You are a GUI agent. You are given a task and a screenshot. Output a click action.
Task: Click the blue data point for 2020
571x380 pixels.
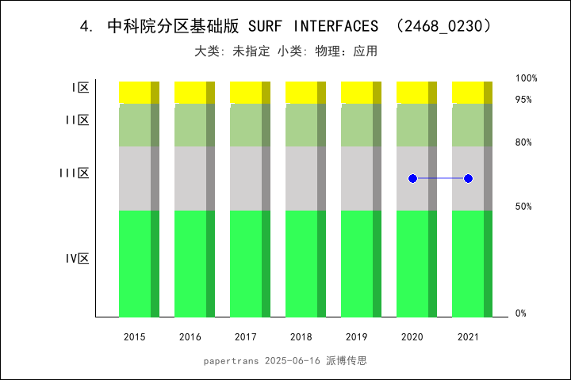412,179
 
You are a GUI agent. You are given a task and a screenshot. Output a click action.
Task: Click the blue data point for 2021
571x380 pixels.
468,179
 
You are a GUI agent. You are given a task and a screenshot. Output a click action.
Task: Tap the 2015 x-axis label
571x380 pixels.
135,337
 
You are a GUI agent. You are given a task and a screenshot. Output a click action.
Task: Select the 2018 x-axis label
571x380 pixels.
301,337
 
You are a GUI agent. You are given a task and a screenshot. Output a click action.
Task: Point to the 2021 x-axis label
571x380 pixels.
468,337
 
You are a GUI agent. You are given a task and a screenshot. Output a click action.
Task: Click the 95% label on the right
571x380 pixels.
523,100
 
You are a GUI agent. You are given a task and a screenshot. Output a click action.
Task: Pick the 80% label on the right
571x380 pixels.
523,142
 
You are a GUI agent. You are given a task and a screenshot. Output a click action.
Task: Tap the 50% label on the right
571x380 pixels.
523,207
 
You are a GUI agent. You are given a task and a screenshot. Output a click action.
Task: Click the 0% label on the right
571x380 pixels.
521,313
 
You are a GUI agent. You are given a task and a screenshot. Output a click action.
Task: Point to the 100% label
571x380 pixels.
527,78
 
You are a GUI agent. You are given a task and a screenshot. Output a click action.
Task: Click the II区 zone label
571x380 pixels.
77,120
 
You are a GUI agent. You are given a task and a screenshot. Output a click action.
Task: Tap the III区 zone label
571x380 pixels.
75,173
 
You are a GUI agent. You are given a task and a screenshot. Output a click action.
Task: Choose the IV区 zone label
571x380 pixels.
77,259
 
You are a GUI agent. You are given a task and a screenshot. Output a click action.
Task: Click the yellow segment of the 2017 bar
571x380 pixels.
246,92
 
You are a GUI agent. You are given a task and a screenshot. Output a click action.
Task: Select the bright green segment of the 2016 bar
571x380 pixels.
190,264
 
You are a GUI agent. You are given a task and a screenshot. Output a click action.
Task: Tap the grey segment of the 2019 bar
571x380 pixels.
357,179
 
